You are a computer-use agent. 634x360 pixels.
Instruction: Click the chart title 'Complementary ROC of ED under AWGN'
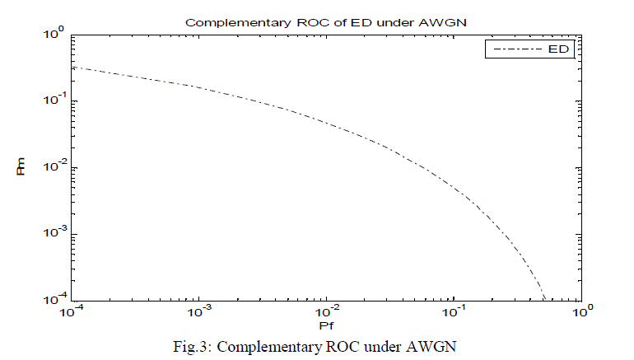328,22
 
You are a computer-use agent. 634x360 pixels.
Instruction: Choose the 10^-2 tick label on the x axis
327,313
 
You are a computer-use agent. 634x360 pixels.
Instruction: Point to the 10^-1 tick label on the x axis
454,313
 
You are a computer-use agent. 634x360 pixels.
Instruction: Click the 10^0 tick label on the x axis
581,313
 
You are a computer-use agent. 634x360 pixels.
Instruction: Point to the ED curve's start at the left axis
74,67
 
